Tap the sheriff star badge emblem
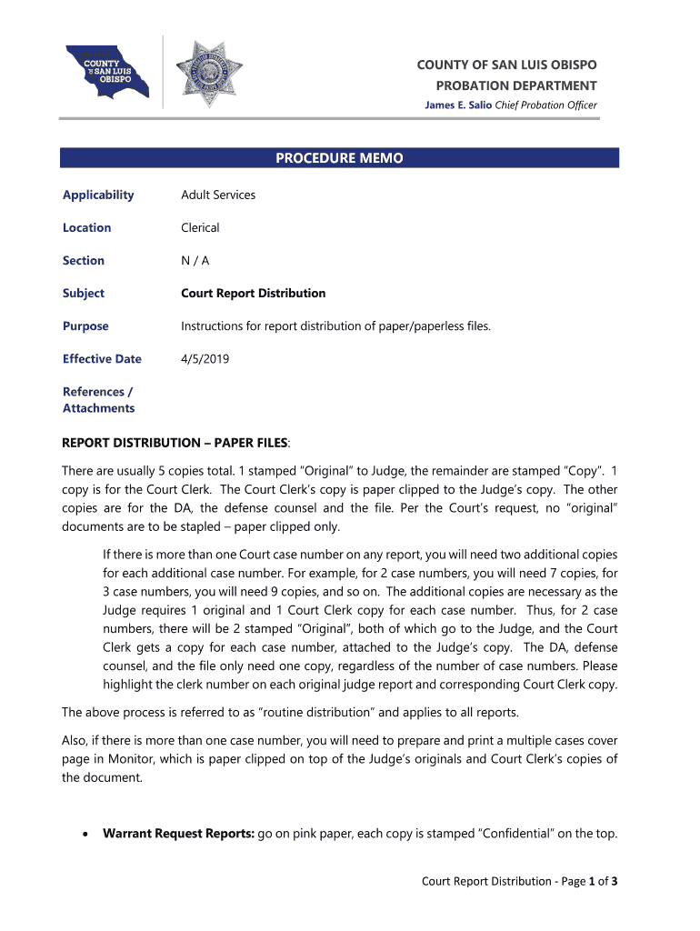pyautogui.click(x=208, y=74)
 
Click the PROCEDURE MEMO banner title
pyautogui.click(x=339, y=158)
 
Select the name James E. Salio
pyautogui.click(x=457, y=105)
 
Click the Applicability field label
pyautogui.click(x=98, y=195)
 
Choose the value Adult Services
pyautogui.click(x=218, y=195)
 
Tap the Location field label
pyautogui.click(x=87, y=227)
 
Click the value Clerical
pyautogui.click(x=200, y=227)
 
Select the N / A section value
pyautogui.click(x=195, y=260)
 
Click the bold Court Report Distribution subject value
pyautogui.click(x=253, y=293)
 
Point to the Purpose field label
pyautogui.click(x=85, y=325)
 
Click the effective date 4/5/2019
pyautogui.click(x=205, y=358)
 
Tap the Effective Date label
pyautogui.click(x=102, y=358)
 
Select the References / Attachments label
pyautogui.click(x=98, y=400)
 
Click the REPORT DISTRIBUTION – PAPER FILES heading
pyautogui.click(x=175, y=442)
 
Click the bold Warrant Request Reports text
pyautogui.click(x=178, y=833)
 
